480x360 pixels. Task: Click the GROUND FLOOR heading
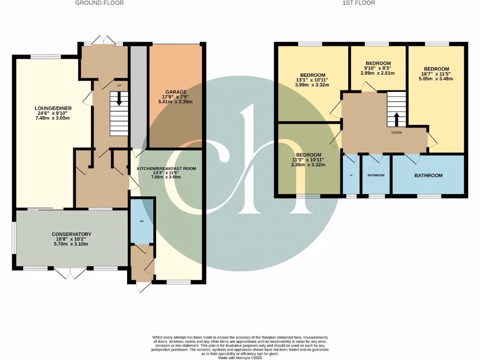(99, 3)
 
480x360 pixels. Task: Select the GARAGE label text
(176, 92)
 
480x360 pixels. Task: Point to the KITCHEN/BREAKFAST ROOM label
(166, 168)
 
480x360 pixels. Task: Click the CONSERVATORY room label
(72, 234)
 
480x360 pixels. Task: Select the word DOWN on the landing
(397, 132)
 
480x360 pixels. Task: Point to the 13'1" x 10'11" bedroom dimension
(313, 80)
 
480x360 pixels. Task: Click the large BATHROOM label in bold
(428, 175)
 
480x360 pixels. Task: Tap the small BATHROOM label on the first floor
(376, 175)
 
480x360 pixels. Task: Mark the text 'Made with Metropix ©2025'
(240, 358)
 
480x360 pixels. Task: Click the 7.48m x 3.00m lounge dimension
(43, 118)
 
